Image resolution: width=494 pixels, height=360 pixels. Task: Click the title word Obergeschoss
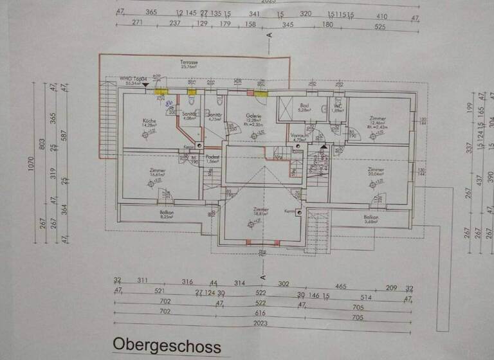(167, 345)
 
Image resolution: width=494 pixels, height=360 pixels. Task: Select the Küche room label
(150, 122)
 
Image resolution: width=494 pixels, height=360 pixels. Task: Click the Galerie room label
(253, 116)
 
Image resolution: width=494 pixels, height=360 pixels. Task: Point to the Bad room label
(304, 106)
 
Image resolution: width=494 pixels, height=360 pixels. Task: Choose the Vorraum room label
(297, 136)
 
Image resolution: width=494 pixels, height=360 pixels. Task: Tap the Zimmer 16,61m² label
(158, 171)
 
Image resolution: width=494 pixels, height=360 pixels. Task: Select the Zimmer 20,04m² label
(376, 170)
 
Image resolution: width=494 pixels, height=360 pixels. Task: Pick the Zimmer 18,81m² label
(261, 210)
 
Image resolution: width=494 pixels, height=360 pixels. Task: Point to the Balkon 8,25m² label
(167, 214)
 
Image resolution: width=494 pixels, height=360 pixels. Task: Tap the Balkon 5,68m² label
(370, 218)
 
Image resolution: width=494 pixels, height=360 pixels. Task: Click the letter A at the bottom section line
(264, 277)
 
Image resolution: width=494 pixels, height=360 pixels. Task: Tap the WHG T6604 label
(133, 78)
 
